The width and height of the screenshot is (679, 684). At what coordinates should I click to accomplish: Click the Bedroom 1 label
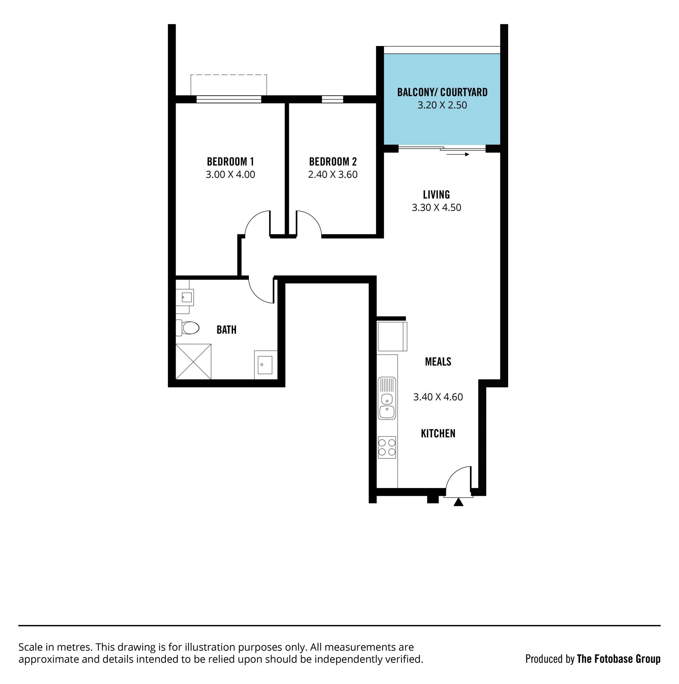[x=230, y=162]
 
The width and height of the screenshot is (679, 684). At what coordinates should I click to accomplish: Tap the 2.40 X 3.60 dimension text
[x=332, y=174]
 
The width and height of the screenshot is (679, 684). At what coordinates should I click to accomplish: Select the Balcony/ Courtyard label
[x=442, y=92]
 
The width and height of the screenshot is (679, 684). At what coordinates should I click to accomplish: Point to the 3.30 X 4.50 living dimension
[x=436, y=207]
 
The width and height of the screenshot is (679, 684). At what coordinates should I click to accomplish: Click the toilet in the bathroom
[x=187, y=328]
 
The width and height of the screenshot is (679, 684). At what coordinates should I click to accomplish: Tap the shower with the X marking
[x=193, y=362]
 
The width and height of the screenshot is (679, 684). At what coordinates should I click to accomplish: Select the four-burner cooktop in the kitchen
[x=387, y=447]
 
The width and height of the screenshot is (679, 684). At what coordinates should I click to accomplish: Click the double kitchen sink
[x=387, y=398]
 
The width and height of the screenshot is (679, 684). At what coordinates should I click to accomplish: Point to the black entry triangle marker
[x=459, y=502]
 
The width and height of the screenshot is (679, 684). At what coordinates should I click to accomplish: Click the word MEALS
[x=438, y=362]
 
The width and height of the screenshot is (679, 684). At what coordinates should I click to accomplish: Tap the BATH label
[x=226, y=329]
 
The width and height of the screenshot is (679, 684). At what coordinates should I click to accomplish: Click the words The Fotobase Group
[x=619, y=659]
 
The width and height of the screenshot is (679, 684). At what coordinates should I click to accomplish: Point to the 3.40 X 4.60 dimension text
[x=438, y=397]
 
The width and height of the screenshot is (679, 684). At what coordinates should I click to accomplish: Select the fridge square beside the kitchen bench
[x=392, y=336]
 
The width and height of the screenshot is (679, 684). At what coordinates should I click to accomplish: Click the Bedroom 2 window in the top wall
[x=332, y=99]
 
